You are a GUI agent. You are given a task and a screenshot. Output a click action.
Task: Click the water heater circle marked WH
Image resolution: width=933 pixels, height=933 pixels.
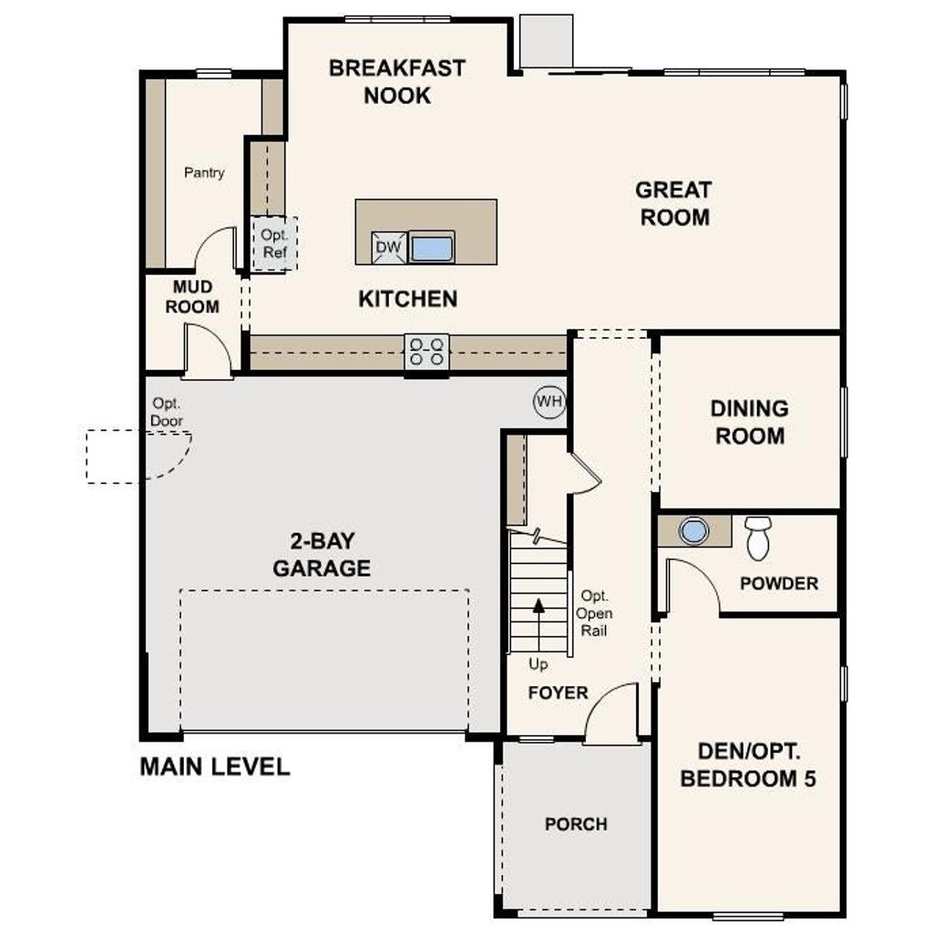549,402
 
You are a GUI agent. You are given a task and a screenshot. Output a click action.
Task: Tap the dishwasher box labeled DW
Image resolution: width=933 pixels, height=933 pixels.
389,248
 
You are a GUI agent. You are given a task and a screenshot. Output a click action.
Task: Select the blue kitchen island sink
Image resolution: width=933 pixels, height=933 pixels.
432,249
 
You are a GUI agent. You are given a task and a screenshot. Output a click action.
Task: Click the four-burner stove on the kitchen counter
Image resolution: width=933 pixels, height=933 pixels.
426,353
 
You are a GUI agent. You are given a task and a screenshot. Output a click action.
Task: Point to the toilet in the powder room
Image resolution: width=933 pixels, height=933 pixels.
758,538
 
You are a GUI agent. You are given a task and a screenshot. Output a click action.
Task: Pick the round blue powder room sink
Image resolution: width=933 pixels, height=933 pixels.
693,531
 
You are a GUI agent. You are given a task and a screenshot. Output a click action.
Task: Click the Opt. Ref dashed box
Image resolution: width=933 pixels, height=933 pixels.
273,243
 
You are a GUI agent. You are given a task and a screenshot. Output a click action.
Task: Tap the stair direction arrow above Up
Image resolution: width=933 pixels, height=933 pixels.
538,625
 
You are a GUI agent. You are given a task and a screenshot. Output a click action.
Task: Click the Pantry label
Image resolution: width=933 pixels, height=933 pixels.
204,172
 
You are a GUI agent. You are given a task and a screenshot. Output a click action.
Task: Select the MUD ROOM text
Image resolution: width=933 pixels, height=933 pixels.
192,297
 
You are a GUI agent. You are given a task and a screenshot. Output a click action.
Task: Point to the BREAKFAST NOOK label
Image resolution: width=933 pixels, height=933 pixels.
397,81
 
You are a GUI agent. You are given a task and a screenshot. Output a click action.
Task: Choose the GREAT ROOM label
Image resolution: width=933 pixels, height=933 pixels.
674,203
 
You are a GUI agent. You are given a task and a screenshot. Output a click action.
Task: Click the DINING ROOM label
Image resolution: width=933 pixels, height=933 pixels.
750,422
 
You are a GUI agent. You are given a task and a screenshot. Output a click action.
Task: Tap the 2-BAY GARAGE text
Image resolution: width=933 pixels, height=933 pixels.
322,555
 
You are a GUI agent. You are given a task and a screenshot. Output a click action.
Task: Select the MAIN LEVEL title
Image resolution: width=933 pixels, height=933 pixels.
215,766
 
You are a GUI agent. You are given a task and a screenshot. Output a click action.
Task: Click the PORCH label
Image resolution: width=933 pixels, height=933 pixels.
576,824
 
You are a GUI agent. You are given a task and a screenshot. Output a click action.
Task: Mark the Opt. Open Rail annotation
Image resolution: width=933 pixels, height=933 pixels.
594,613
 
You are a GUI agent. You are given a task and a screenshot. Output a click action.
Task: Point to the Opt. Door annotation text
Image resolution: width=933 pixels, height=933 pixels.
167,412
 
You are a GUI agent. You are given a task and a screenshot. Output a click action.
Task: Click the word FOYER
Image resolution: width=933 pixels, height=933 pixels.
559,692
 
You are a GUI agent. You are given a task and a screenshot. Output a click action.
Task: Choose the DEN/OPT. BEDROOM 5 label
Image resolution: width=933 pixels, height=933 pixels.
748,764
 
